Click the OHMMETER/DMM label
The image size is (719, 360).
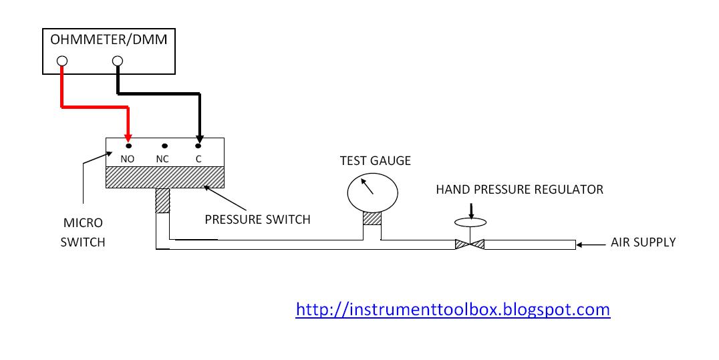click(x=109, y=40)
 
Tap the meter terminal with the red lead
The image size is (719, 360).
click(x=62, y=61)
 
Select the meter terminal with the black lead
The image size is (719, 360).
click(x=118, y=61)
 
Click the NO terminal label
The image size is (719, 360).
click(x=127, y=159)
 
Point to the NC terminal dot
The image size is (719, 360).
click(x=164, y=146)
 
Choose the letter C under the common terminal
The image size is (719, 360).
click(x=198, y=159)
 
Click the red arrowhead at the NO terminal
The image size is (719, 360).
click(x=128, y=138)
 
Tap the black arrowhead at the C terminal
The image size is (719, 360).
click(x=199, y=138)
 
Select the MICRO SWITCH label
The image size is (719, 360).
click(x=83, y=232)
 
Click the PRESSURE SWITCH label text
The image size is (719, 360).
click(x=258, y=220)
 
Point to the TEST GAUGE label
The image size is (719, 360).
click(x=376, y=161)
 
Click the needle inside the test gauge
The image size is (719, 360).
click(x=368, y=186)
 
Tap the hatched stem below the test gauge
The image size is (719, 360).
click(x=372, y=218)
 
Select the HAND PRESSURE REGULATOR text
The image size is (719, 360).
click(x=519, y=190)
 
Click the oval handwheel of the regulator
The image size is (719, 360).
click(x=470, y=222)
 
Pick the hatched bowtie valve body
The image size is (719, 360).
click(x=470, y=244)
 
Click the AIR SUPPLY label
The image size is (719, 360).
click(x=643, y=242)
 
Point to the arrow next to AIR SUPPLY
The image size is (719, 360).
click(x=591, y=245)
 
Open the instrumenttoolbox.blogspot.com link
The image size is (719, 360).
click(x=452, y=309)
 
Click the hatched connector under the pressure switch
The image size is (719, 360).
click(x=163, y=200)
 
